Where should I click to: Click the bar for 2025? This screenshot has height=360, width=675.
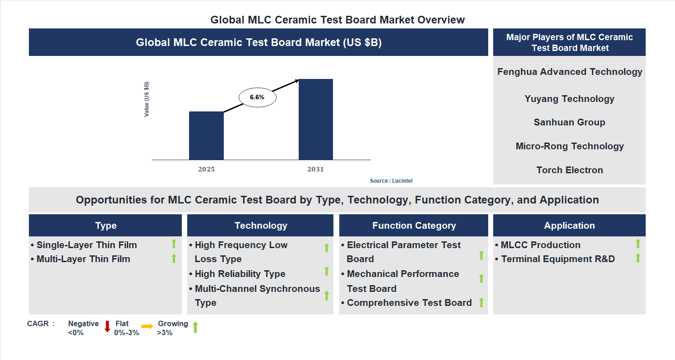[206, 135]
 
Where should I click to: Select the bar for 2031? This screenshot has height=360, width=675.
[316, 120]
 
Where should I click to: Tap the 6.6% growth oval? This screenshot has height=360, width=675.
[257, 97]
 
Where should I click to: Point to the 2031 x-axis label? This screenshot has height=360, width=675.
[315, 170]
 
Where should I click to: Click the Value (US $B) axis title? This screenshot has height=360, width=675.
[147, 99]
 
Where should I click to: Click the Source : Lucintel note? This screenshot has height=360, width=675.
[391, 181]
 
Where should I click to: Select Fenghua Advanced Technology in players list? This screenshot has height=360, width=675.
[569, 72]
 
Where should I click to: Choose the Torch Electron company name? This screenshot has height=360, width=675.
[569, 170]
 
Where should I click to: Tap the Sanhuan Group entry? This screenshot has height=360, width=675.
[569, 122]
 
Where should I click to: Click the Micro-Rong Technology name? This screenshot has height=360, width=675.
[569, 146]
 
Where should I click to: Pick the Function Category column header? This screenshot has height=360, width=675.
[414, 226]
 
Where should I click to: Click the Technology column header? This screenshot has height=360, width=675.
[260, 226]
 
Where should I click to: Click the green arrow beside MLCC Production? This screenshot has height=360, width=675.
[638, 244]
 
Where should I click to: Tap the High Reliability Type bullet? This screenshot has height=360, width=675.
[240, 274]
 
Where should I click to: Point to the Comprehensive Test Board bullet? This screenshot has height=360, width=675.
[409, 303]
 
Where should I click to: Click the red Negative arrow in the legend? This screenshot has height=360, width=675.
[107, 326]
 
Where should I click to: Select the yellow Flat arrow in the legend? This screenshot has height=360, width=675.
[147, 326]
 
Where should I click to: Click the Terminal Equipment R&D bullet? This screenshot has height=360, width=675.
[558, 259]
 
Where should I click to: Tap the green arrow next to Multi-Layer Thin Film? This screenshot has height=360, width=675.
[174, 258]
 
